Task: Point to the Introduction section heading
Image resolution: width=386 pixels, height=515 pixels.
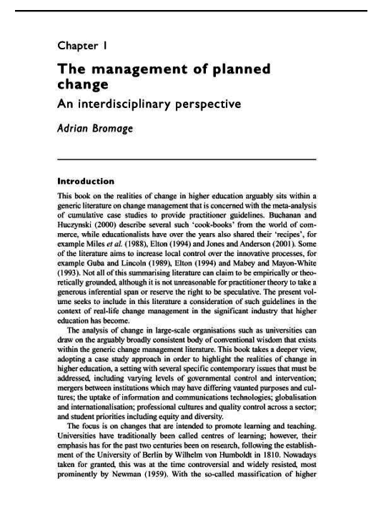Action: (86, 182)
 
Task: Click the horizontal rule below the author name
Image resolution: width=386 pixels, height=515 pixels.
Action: (187, 160)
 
